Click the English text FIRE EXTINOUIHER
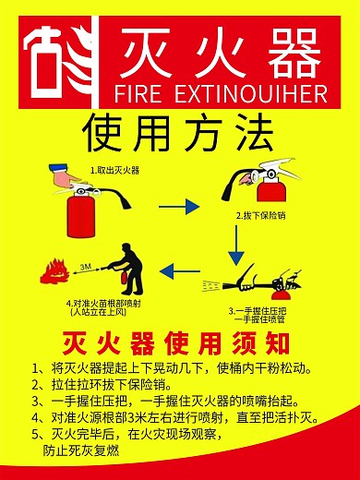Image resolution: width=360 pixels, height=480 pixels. (219, 94)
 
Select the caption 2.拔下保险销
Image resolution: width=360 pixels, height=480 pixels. (258, 215)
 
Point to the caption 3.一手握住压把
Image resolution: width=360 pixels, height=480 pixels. (259, 311)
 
